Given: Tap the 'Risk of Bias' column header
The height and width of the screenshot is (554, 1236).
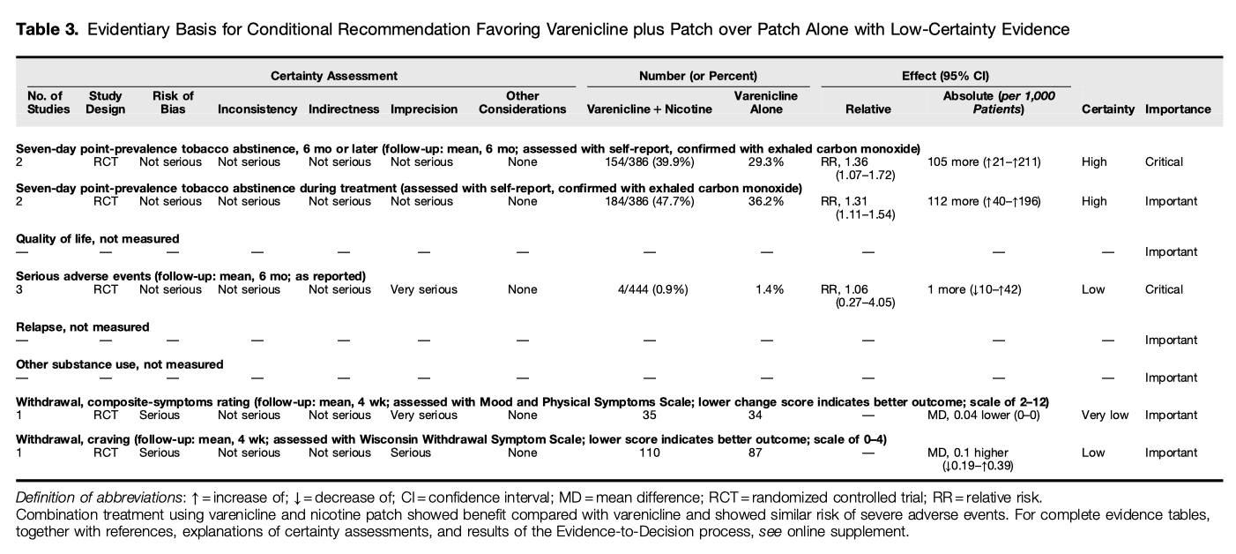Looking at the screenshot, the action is click(x=173, y=102).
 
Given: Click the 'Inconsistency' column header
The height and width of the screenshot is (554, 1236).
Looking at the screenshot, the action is click(x=257, y=109).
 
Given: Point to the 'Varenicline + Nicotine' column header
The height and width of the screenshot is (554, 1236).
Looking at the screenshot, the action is click(x=649, y=109).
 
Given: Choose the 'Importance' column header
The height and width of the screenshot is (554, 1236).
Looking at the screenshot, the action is click(x=1177, y=109).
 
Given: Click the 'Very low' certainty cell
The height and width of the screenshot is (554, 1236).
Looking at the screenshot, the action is click(x=1104, y=415).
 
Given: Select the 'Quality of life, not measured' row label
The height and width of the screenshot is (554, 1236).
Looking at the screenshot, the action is click(x=98, y=238).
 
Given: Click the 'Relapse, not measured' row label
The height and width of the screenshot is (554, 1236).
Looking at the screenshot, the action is click(x=83, y=326).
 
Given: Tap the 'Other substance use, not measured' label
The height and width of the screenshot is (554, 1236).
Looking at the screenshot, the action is click(x=120, y=363).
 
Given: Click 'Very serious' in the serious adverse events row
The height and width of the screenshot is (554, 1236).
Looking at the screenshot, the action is click(x=424, y=289).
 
